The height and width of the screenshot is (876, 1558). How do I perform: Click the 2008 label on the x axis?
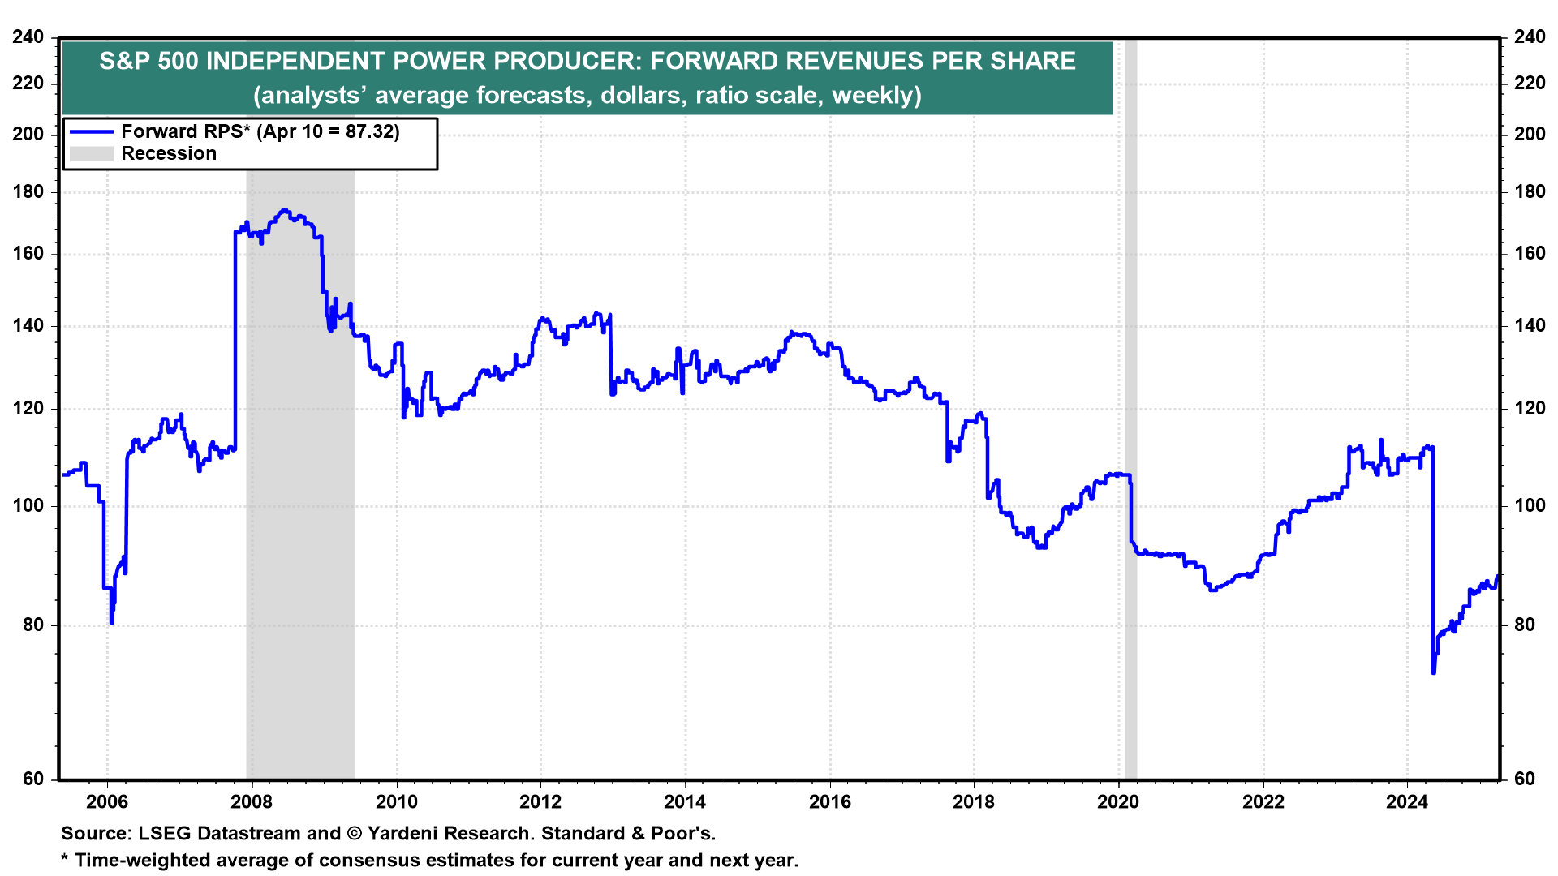click(252, 802)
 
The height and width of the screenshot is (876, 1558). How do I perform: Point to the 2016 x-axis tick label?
click(830, 802)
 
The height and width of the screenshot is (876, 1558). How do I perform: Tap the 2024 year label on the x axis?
click(1407, 802)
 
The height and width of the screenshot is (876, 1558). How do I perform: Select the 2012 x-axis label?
click(540, 802)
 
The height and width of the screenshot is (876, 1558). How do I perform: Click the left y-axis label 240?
click(28, 37)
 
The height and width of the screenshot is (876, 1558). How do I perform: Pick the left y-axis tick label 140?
click(28, 326)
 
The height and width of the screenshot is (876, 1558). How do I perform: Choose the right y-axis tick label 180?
click(1530, 192)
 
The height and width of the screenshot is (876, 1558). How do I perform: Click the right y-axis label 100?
click(1530, 505)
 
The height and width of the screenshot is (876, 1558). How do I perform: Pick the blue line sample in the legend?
click(91, 131)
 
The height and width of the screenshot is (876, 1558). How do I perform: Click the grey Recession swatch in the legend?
click(91, 154)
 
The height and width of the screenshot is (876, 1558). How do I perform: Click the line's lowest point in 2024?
click(1434, 672)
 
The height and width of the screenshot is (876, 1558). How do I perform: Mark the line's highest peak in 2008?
click(283, 210)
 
